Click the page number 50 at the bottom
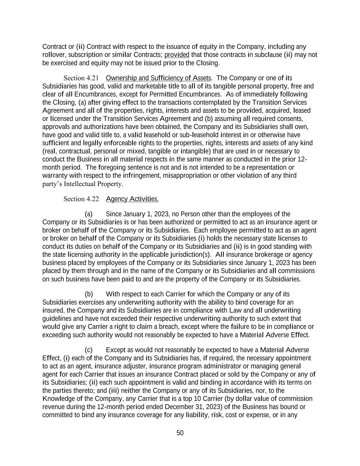pyautogui.click(x=180, y=433)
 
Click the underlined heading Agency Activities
pyautogui.click(x=132, y=199)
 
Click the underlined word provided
pyautogui.click(x=177, y=55)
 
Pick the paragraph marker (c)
pyautogui.click(x=89, y=350)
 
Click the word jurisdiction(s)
pyautogui.click(x=192, y=254)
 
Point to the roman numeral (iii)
pyautogui.click(x=114, y=390)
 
